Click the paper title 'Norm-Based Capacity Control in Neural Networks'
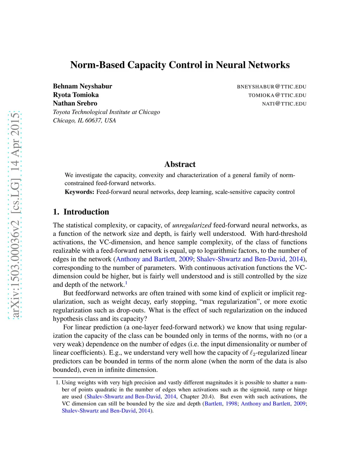point(180,65)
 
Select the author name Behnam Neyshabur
point(83,86)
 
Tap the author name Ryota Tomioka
point(76,95)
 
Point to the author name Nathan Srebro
point(75,103)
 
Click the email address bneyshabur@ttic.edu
point(271,87)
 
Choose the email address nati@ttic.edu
point(284,104)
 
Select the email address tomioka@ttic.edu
point(277,95)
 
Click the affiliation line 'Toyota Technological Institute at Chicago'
point(107,112)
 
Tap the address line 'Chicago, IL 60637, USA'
point(84,120)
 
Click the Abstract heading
point(180,164)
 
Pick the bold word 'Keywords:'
point(79,192)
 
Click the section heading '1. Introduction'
point(81,212)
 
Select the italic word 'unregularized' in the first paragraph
point(192,225)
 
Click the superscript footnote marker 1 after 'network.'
point(126,283)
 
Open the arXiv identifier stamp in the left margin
point(15,215)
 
